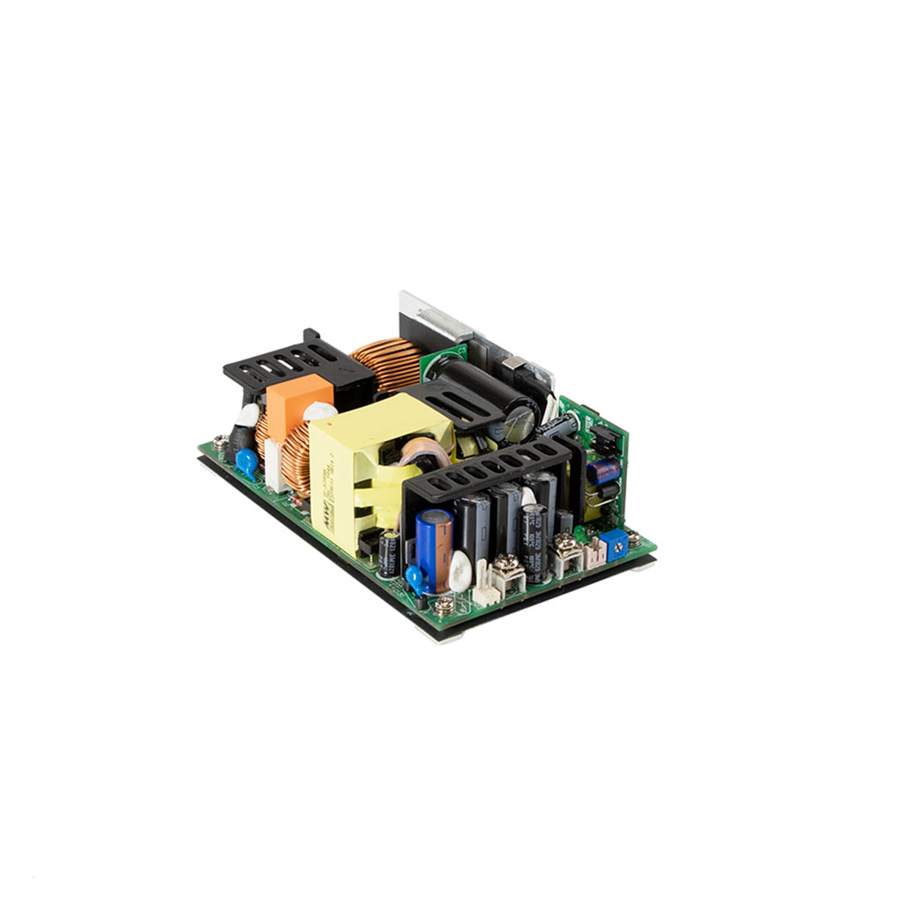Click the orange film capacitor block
pyautogui.click(x=297, y=396)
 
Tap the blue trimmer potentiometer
pyautogui.click(x=617, y=541)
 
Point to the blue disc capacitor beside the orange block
pyautogui.click(x=246, y=462)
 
